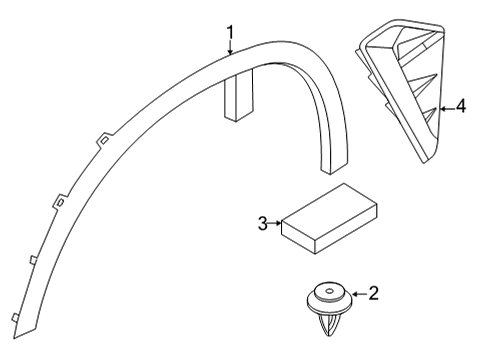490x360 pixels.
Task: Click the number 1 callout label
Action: click(231, 13)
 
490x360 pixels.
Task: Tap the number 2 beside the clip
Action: click(373, 293)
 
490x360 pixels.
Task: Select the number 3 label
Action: click(263, 224)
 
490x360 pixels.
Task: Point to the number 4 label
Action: click(460, 105)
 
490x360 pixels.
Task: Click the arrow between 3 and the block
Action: click(276, 224)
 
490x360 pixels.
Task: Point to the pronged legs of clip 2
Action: click(328, 327)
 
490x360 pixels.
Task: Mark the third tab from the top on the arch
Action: click(33, 259)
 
